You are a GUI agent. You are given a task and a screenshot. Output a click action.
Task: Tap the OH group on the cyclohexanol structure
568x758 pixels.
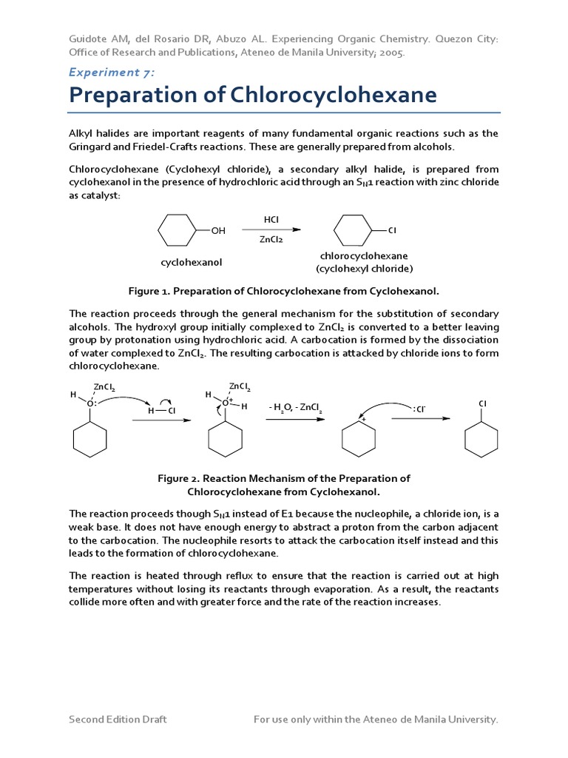[x=218, y=231]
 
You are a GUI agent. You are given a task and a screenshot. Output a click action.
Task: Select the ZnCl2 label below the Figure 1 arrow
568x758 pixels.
[x=271, y=240]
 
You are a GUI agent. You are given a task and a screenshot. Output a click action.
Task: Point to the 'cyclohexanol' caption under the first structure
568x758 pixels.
[x=192, y=262]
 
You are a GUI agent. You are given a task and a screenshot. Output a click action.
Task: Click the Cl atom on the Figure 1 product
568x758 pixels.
[x=393, y=231]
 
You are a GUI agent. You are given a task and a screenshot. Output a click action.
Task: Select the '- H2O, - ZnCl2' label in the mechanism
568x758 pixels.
[x=295, y=408]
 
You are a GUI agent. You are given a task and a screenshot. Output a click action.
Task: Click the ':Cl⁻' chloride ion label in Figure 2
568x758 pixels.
[x=419, y=408]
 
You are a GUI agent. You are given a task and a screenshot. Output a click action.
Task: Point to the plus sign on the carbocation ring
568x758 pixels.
[x=364, y=420]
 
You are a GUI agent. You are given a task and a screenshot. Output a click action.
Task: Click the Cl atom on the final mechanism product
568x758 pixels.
[x=482, y=403]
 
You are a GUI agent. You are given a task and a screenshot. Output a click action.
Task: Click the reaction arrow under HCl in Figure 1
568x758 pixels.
[x=271, y=230]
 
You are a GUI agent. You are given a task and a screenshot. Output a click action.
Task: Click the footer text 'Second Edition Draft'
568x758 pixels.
[x=118, y=719]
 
